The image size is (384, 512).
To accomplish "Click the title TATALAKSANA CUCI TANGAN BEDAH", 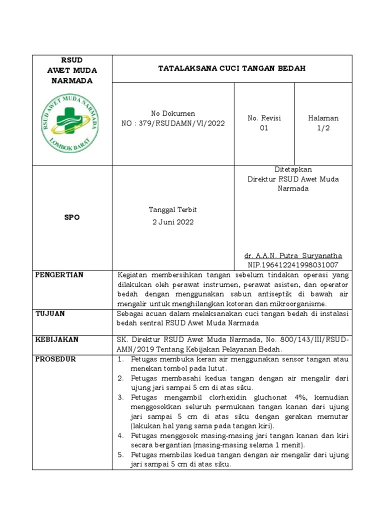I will (x=231, y=68).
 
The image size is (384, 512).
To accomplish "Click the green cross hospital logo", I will (x=71, y=123).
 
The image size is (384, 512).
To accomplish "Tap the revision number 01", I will (x=264, y=128).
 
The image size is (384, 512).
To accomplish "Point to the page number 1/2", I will (x=323, y=128).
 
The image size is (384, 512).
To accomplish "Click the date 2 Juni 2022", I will (x=173, y=222).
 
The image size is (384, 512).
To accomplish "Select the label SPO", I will (x=71, y=217).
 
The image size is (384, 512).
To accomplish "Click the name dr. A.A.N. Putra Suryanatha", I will (x=292, y=255).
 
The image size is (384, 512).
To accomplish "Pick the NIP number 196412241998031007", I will (x=292, y=264).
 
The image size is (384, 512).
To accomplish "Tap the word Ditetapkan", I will (x=293, y=169).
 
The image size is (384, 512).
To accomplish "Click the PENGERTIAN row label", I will (x=59, y=275).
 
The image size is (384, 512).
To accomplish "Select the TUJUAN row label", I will (x=50, y=313).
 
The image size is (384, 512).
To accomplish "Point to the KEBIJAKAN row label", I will (x=56, y=339).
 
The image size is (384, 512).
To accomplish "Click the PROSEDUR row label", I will (x=55, y=359).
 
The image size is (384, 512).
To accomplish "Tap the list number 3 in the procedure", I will (x=120, y=397).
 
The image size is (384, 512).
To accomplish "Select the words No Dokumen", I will (x=173, y=113).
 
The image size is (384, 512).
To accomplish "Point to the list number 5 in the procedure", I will (x=120, y=455).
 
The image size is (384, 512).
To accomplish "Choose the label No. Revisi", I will (x=264, y=118).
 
